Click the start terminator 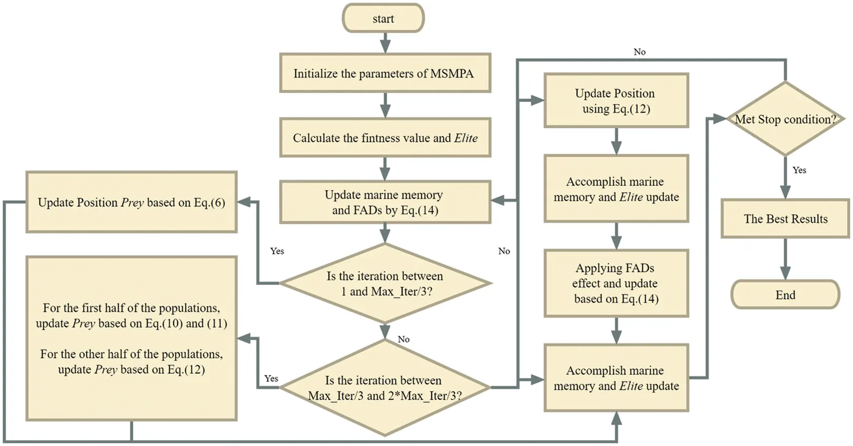pyautogui.click(x=383, y=19)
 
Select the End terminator pyautogui.click(x=785, y=295)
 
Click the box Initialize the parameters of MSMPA pyautogui.click(x=385, y=73)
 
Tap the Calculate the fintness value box pyautogui.click(x=385, y=138)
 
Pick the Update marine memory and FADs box pyautogui.click(x=385, y=202)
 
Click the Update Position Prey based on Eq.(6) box pyautogui.click(x=132, y=202)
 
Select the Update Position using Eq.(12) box pyautogui.click(x=616, y=101)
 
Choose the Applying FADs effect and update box pyautogui.click(x=616, y=284)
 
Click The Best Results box pyautogui.click(x=785, y=219)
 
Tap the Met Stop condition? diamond pyautogui.click(x=785, y=119)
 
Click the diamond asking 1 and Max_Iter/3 pyautogui.click(x=385, y=284)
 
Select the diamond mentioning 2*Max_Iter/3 pyautogui.click(x=385, y=388)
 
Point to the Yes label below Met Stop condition pyautogui.click(x=799, y=170)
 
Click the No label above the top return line pyautogui.click(x=639, y=52)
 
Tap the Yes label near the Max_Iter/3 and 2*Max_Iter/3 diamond pyautogui.click(x=271, y=379)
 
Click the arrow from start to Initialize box pyautogui.click(x=385, y=43)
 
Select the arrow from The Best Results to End pyautogui.click(x=785, y=259)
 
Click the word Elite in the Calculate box pyautogui.click(x=466, y=138)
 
